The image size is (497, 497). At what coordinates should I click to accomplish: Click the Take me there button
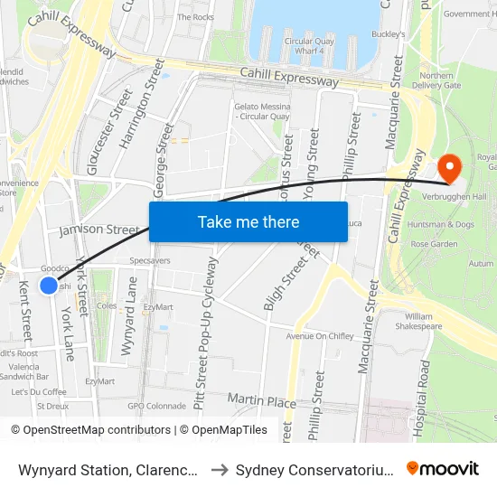tap(248, 221)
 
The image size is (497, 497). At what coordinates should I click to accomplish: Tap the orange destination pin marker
tap(449, 167)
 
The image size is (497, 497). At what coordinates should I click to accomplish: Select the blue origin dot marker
tap(49, 286)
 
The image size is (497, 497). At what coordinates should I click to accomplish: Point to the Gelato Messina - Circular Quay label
tap(262, 110)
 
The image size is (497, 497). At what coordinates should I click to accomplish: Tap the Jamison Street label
tap(98, 230)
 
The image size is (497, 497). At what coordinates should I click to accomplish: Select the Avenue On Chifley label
tap(319, 336)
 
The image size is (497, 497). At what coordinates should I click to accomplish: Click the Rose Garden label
tap(434, 244)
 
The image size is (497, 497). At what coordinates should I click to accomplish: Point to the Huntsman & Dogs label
tap(441, 224)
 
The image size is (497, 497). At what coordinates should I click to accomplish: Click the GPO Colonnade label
tap(156, 407)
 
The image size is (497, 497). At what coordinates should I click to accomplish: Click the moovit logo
tap(443, 468)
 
